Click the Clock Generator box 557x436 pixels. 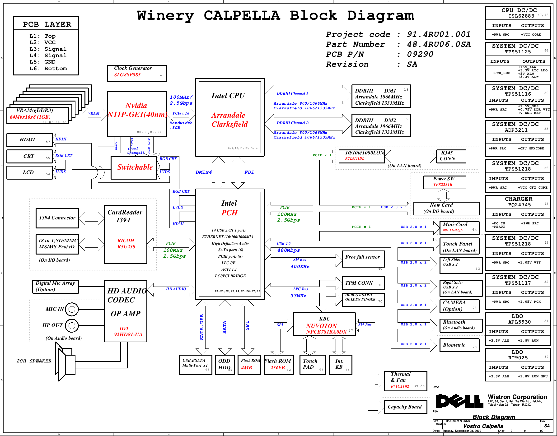(137, 73)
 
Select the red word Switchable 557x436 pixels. (135, 167)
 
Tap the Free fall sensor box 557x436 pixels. (363, 259)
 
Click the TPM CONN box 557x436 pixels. (363, 283)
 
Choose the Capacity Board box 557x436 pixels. (406, 407)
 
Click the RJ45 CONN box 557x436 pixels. (451, 156)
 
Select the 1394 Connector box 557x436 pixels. (57, 218)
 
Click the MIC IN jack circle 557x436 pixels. (72, 309)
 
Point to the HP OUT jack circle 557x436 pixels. (72, 325)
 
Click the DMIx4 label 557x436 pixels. (204, 172)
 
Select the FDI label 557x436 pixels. (249, 172)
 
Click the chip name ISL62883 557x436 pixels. (521, 16)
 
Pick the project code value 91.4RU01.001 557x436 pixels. (439, 34)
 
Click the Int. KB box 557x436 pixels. (340, 365)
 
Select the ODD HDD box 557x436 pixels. (225, 365)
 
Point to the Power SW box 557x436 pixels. (444, 182)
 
